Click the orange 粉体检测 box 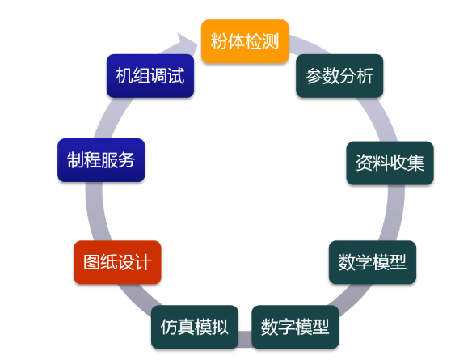[x=245, y=41]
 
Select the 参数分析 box [x=339, y=75]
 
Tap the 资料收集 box [x=390, y=163]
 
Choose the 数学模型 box [x=373, y=262]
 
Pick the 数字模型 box [x=295, y=327]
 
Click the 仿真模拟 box [x=195, y=327]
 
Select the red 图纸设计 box [x=117, y=262]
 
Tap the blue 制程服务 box [x=101, y=160]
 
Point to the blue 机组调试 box [x=150, y=75]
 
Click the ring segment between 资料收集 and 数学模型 [x=394, y=213]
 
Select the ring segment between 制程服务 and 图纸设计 [x=95, y=211]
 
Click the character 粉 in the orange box [x=219, y=41]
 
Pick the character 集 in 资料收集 [x=415, y=163]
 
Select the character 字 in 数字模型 [x=286, y=327]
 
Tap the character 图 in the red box [x=92, y=262]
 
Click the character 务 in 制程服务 [x=127, y=160]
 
